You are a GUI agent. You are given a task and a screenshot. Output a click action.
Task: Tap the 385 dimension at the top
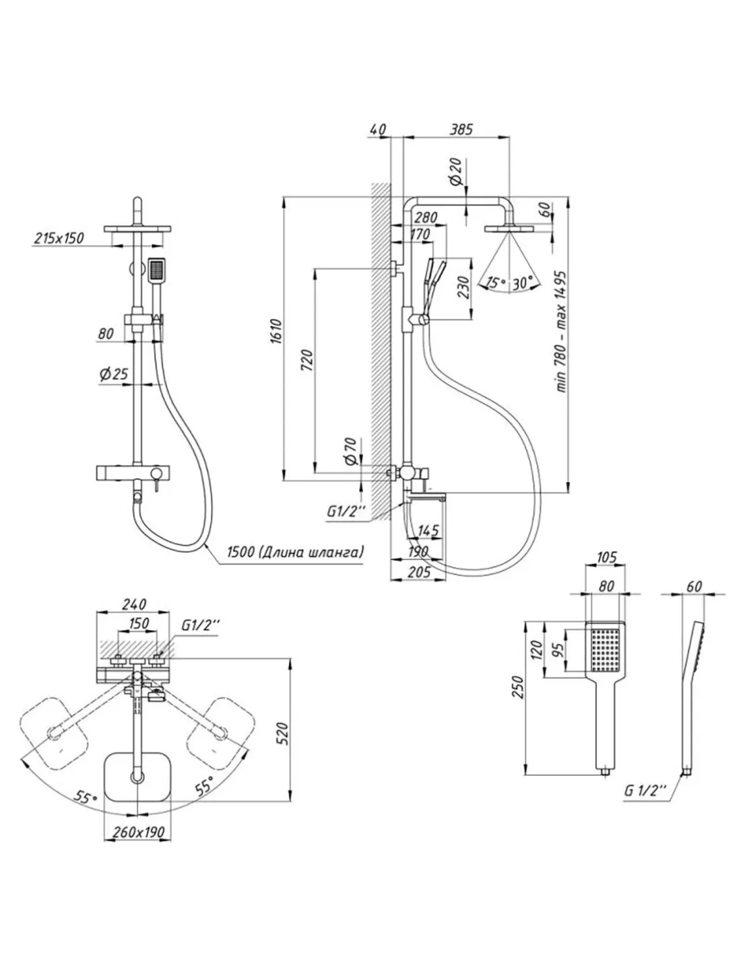(x=461, y=128)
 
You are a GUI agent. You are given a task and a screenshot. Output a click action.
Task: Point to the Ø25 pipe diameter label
(x=112, y=375)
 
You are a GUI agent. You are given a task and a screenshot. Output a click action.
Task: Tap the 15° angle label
(x=496, y=283)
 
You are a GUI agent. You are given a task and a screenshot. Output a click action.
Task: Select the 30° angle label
(x=523, y=283)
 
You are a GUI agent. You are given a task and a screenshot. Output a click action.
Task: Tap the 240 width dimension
(x=134, y=605)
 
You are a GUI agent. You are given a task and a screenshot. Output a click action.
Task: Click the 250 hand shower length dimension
(x=517, y=686)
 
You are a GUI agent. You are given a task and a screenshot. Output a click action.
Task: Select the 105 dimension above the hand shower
(x=607, y=557)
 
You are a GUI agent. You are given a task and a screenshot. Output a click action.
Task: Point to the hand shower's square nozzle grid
(x=605, y=649)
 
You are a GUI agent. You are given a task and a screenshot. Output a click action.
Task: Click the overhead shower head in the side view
(x=509, y=230)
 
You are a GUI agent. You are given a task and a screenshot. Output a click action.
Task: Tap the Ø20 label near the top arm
(x=455, y=172)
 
